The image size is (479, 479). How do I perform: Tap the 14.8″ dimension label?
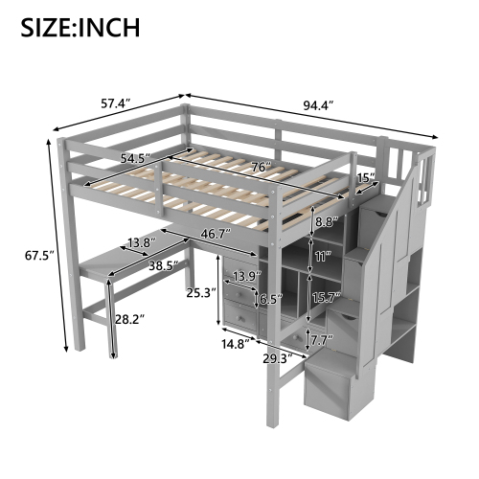click(x=236, y=344)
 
